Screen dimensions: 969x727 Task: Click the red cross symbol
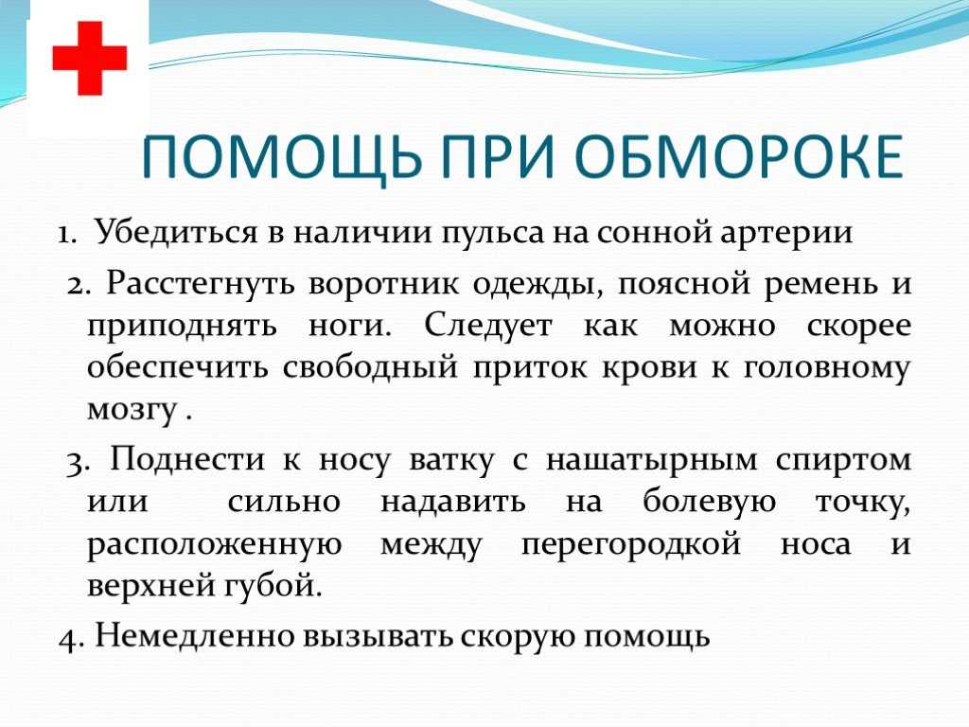(90, 59)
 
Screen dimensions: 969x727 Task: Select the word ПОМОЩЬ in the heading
(282, 159)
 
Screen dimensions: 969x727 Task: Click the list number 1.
(65, 235)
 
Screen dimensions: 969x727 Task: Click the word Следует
(487, 326)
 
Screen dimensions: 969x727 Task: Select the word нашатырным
(651, 462)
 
